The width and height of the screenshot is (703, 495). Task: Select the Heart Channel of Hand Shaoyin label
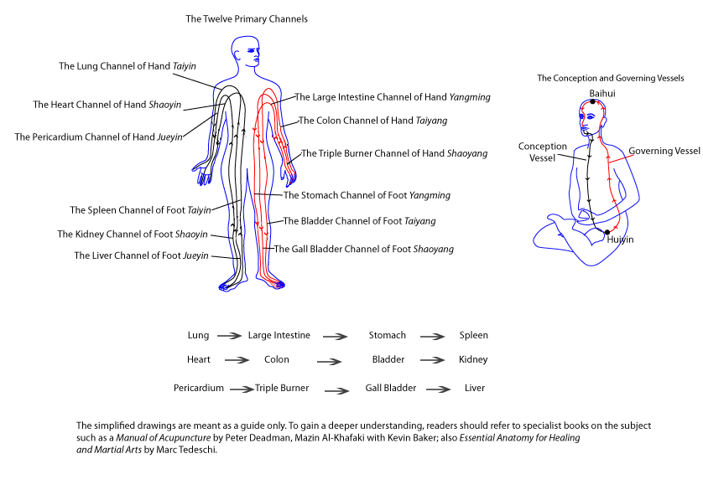[107, 105]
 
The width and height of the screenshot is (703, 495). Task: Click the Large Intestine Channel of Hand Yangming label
[392, 97]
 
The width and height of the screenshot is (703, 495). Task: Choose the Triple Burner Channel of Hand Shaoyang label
[393, 153]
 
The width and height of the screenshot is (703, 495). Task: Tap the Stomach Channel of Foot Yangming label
[367, 195]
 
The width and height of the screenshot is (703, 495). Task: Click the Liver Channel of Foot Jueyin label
[140, 255]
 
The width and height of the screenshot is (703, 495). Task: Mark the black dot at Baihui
[592, 101]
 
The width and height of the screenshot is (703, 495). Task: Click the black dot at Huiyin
[607, 231]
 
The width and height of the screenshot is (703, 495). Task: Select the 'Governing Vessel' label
[664, 151]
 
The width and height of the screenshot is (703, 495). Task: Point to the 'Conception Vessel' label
[542, 152]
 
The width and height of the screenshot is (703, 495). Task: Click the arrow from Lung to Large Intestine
[229, 336]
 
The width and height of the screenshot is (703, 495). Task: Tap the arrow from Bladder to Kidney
[432, 361]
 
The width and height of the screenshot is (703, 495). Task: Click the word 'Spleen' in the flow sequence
[473, 335]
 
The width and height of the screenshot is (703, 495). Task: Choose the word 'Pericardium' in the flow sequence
[199, 388]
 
